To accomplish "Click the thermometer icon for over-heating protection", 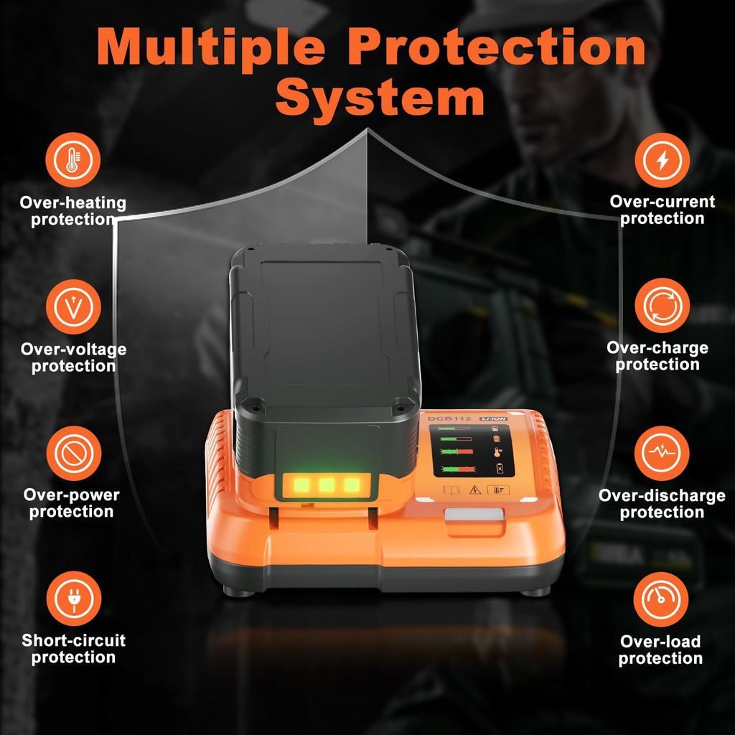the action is point(73,160).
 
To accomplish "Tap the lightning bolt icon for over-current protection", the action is point(662,160).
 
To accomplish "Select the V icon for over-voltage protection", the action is point(73,307).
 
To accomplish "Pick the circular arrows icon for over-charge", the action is point(662,306).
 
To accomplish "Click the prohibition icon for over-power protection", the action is point(74,454).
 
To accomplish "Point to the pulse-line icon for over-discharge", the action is point(662,454).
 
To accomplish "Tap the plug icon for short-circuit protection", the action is point(74,599).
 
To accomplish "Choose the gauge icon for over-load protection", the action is point(661,599).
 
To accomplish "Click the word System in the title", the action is point(380,99).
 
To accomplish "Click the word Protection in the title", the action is point(497,46).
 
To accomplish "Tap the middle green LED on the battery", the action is point(327,484).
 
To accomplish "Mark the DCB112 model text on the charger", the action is point(449,418).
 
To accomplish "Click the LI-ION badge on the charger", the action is point(493,418).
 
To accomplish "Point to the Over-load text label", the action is point(660,641).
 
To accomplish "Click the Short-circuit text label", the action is point(74,640).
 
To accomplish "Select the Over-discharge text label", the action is point(662,495).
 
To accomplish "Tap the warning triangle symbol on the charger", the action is point(475,490).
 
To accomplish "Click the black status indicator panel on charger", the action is point(472,451).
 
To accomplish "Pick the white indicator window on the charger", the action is point(474,515).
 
